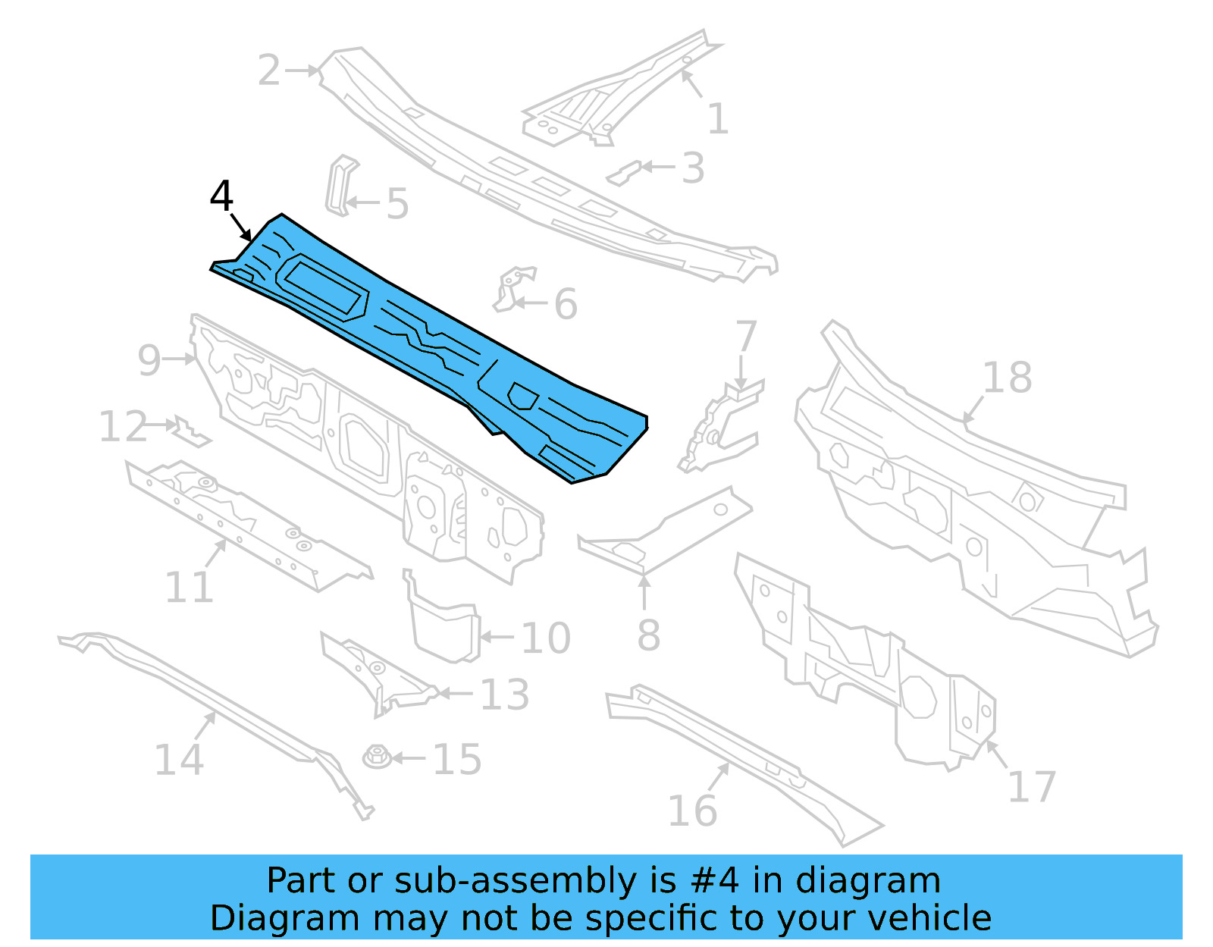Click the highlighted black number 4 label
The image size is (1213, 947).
221,196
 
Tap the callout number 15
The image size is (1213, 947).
457,759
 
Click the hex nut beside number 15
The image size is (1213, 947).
377,756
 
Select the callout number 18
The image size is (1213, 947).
1007,377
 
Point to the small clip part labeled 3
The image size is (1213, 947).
623,174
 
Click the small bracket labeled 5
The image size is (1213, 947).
340,185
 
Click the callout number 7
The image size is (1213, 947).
746,336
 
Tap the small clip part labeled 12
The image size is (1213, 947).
190,432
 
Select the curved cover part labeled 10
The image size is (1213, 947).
444,626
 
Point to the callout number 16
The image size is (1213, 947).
692,811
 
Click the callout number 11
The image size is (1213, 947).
190,587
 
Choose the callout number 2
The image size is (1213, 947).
269,71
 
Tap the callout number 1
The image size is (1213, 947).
717,119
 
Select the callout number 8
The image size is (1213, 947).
648,635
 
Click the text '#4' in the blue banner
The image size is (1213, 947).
714,881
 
